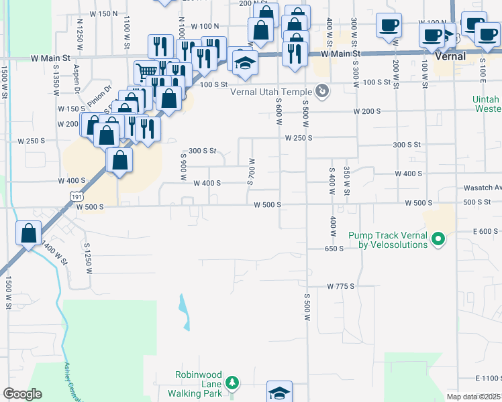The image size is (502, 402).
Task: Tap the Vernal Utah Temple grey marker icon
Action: click(322, 90)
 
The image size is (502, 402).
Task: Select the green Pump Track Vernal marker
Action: click(438, 239)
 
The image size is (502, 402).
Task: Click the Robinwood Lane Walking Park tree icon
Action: click(232, 383)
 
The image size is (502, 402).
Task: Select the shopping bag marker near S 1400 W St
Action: click(29, 234)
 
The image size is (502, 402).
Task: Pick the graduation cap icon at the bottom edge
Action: click(279, 393)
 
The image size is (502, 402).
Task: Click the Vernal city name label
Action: click(450, 57)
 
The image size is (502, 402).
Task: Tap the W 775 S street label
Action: click(340, 286)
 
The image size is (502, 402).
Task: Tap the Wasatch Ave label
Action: click(482, 188)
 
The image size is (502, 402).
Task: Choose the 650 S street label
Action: click(334, 248)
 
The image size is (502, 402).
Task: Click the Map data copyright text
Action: click(472, 397)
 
